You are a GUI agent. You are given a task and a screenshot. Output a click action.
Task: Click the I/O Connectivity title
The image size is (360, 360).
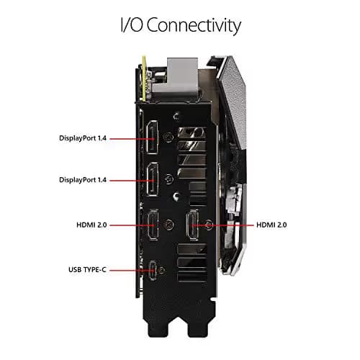[x=181, y=25]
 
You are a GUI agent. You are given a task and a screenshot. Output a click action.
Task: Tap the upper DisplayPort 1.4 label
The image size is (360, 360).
[x=83, y=138]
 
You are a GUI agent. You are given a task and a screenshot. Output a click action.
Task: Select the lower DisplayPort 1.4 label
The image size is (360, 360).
[x=83, y=180]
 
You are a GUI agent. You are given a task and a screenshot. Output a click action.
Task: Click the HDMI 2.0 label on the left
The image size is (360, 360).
[x=91, y=225]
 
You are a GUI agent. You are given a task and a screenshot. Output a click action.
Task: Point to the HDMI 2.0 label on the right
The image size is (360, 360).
[x=271, y=225]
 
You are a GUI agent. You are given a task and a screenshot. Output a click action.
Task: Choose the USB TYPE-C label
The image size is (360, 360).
[x=87, y=270]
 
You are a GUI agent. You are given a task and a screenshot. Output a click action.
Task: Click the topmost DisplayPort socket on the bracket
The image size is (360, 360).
[x=153, y=137]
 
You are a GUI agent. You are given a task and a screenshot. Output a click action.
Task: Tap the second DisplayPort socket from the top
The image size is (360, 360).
[x=153, y=179]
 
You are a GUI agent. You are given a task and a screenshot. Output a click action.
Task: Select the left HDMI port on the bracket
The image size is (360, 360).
[x=153, y=225]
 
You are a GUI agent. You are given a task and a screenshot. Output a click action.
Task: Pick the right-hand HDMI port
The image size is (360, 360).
[x=193, y=225]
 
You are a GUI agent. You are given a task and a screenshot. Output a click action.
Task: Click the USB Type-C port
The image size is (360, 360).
[x=153, y=271]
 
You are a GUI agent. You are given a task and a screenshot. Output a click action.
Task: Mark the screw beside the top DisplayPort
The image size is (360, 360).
[x=168, y=138]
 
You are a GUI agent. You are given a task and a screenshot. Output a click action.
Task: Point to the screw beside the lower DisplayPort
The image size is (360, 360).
[x=170, y=179]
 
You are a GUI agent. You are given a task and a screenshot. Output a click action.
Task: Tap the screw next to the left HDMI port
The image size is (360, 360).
[x=168, y=225]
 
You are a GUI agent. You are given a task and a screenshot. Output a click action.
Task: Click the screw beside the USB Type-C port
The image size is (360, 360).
[x=163, y=270]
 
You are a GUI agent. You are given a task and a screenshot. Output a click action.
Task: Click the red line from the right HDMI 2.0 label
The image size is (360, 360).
[x=222, y=225]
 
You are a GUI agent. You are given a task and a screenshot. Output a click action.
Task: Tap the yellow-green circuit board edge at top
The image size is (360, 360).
[x=144, y=78]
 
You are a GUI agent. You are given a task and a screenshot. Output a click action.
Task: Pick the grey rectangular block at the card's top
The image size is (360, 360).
[x=182, y=79]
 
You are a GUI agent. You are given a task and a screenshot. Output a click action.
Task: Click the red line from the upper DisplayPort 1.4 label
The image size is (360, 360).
[x=132, y=139]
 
